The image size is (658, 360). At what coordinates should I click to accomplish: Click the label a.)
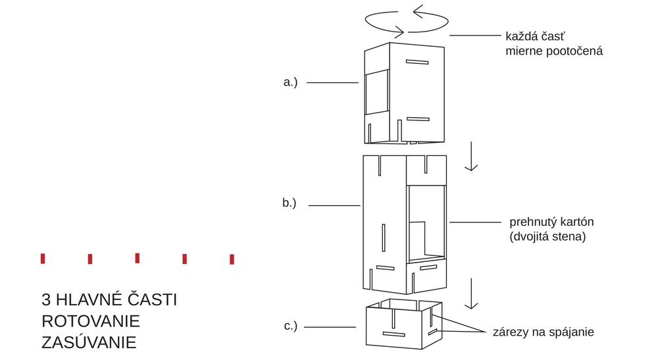290,82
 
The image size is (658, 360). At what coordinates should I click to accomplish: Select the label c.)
290,326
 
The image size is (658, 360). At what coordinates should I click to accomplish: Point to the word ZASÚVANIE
88,343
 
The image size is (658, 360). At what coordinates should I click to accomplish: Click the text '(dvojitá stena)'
547,236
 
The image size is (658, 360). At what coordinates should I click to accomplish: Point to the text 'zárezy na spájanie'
544,332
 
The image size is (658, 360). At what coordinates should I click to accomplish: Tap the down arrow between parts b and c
470,294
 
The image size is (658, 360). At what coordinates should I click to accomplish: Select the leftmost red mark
43,259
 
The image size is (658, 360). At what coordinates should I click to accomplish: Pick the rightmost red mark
232,259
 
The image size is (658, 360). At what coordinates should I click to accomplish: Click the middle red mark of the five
137,258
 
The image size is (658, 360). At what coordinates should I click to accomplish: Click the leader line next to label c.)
330,327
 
